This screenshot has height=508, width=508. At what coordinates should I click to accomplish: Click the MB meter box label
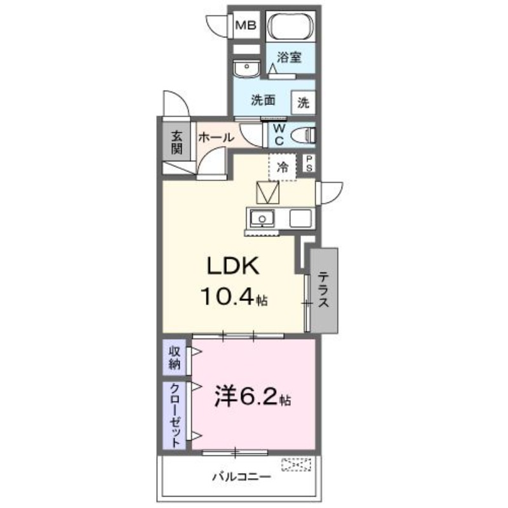(246, 26)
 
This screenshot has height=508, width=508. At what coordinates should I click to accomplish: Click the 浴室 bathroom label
(289, 57)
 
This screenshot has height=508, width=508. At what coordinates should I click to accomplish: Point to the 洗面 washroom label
(262, 100)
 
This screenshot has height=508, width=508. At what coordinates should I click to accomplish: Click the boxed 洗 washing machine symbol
(303, 101)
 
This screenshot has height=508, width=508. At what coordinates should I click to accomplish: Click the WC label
(278, 135)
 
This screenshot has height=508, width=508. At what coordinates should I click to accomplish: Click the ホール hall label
(216, 137)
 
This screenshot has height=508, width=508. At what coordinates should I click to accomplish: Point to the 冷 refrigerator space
(283, 167)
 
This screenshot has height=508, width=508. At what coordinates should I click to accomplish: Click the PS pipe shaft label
(309, 164)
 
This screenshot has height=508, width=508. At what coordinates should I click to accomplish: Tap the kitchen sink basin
(260, 219)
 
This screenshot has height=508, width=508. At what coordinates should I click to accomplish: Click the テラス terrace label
(324, 290)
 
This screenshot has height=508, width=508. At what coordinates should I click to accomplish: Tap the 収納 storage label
(174, 358)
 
